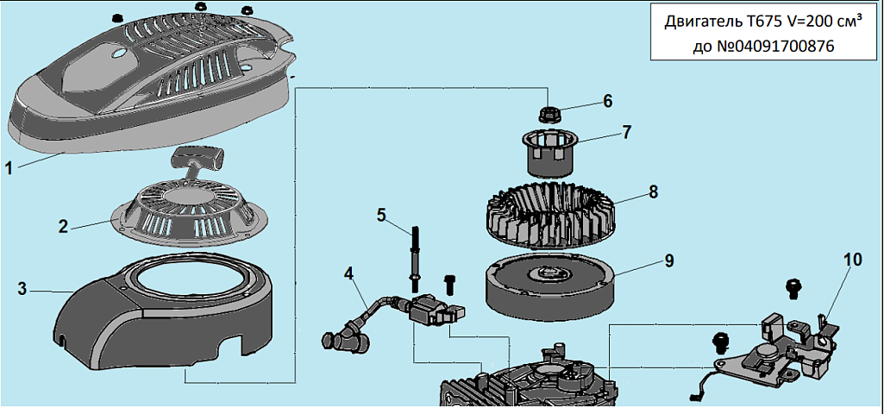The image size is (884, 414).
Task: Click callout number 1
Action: (9, 168)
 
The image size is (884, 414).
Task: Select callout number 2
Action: (63, 227)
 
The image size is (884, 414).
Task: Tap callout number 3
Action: (22, 288)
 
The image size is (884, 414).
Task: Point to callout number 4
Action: (348, 274)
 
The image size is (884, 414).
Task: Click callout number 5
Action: (380, 215)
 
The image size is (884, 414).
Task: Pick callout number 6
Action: (607, 101)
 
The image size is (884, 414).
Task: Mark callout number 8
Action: (654, 191)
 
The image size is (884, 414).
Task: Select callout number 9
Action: (668, 259)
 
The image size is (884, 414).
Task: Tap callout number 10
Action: (853, 259)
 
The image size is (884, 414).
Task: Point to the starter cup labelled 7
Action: (548, 153)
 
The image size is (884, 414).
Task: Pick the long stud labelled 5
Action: (416, 254)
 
